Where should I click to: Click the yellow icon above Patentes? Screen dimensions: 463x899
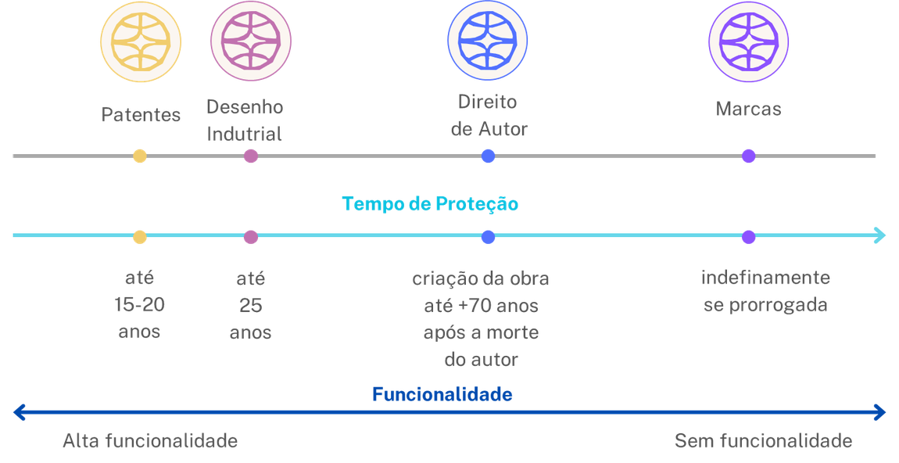[x=141, y=41]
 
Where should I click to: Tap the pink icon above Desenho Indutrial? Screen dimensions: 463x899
[x=251, y=41]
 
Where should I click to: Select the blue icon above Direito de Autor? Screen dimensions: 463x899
[x=488, y=41]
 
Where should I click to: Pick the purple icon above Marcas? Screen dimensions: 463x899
[x=748, y=41]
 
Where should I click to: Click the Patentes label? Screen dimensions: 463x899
[x=141, y=115]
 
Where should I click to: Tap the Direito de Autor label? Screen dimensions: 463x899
[x=489, y=116]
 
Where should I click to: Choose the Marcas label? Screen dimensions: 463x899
[x=748, y=109]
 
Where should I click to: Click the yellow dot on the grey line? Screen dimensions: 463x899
[x=140, y=156]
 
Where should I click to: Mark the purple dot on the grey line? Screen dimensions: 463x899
[x=748, y=156]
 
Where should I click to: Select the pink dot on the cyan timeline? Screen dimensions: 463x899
[x=251, y=236]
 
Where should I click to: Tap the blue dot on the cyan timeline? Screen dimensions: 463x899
[x=488, y=236]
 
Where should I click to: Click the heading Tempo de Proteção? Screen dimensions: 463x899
[x=431, y=204]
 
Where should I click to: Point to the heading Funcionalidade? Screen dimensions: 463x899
[x=442, y=394]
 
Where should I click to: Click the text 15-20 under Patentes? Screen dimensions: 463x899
[x=140, y=304]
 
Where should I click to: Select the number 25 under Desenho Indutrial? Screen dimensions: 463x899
[x=251, y=304]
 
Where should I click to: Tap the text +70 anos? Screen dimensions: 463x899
[x=500, y=305]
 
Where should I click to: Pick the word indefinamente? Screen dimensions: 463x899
[x=765, y=278]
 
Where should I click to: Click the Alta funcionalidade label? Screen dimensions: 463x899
[x=150, y=441]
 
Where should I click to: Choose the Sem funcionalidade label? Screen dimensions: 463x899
[x=763, y=441]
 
